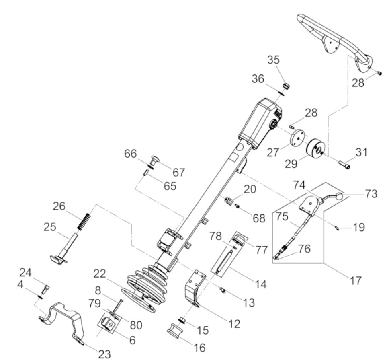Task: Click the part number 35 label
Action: tap(274, 60)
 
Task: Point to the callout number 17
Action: tap(355, 281)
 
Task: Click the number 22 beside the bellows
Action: tap(100, 274)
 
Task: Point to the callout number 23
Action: tap(104, 354)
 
